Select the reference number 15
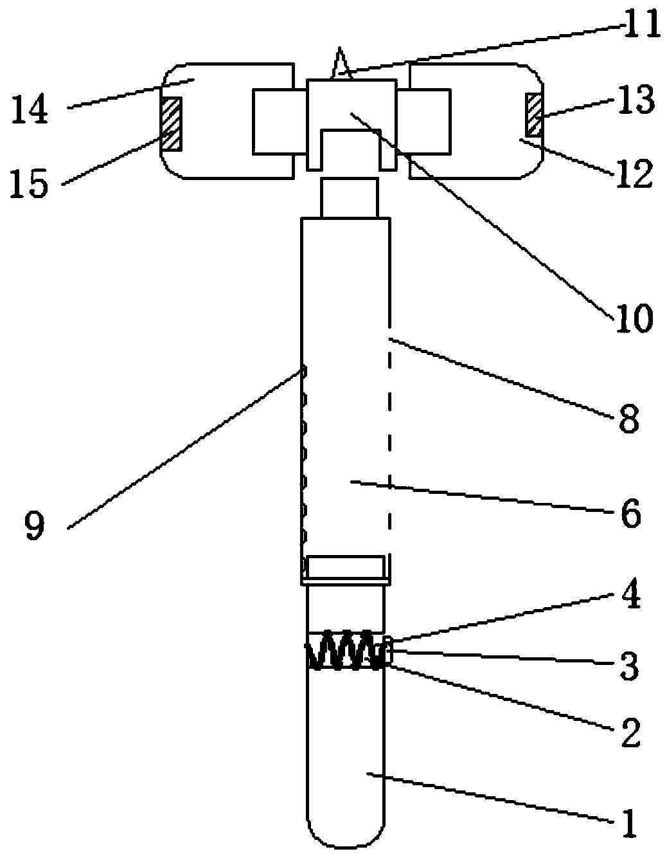(30, 184)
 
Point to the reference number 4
(628, 596)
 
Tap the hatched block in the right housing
(533, 114)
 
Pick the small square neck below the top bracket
(348, 197)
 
